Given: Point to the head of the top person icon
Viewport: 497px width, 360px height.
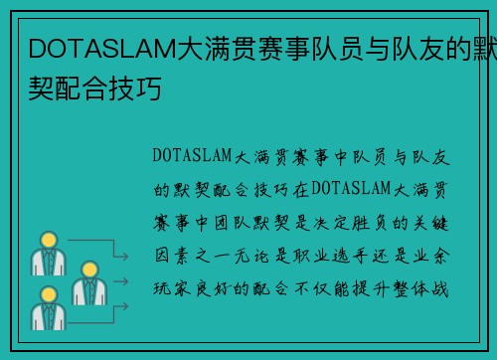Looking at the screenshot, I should [x=47, y=241].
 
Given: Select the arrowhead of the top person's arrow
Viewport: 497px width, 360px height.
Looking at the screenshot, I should [x=126, y=256].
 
